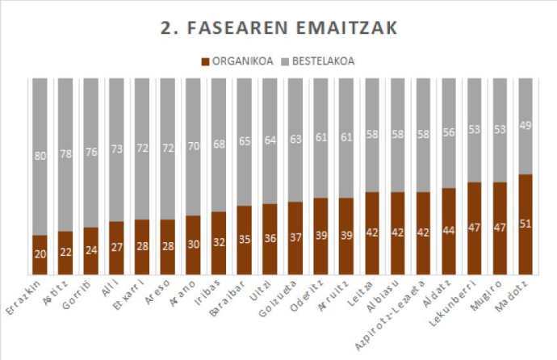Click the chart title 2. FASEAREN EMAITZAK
pos(278,29)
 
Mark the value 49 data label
pos(525,123)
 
